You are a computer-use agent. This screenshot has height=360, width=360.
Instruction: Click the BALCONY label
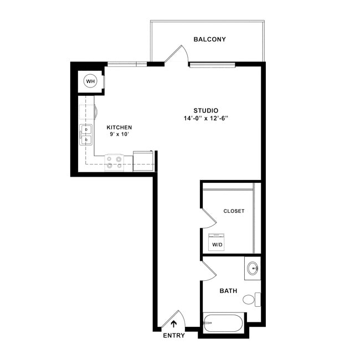tap(209, 39)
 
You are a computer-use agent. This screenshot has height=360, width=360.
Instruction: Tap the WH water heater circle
tap(90, 81)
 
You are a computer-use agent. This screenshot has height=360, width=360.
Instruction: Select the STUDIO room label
tap(205, 110)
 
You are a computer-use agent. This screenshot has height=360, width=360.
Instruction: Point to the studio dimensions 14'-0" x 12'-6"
tap(205, 119)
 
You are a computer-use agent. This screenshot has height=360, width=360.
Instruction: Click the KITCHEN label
tap(119, 127)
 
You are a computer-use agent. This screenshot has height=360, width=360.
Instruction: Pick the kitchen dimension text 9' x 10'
tap(119, 135)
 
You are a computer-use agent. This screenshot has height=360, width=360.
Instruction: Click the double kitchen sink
tap(86, 135)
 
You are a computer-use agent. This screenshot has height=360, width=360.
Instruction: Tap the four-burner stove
tap(114, 161)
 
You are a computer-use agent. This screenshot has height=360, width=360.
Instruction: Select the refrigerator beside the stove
tap(143, 160)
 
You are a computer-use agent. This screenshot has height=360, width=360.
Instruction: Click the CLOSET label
tap(234, 211)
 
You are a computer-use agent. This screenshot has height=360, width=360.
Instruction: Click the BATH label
tap(229, 291)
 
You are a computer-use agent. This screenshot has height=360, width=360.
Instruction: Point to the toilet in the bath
tap(250, 300)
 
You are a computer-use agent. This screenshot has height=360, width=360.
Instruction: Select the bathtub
tap(223, 323)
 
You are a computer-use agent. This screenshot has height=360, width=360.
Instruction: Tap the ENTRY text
tap(174, 336)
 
